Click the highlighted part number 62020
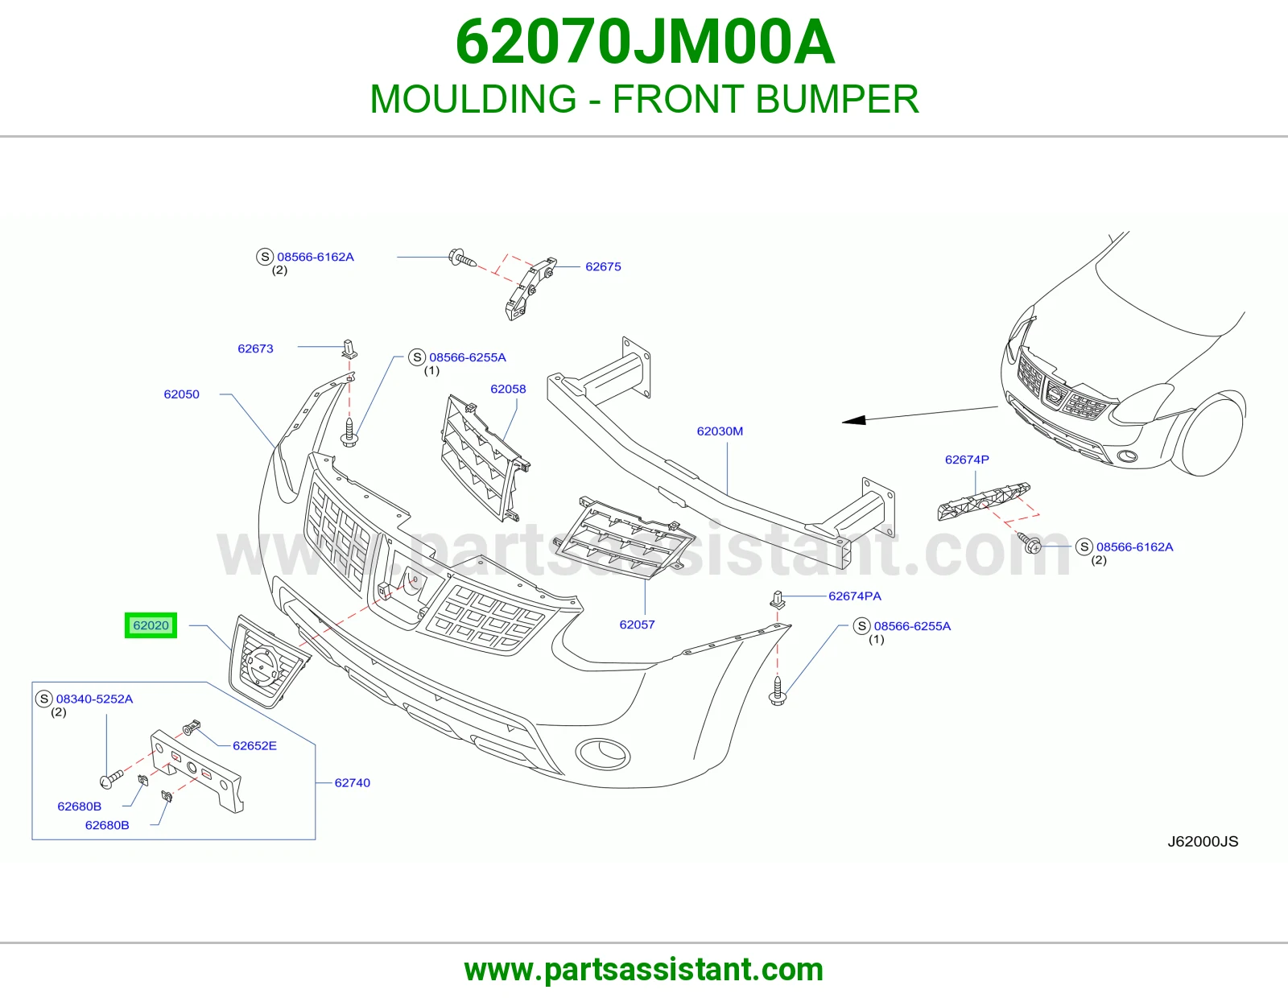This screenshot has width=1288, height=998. pyautogui.click(x=151, y=625)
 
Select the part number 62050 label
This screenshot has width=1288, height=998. pyautogui.click(x=181, y=394)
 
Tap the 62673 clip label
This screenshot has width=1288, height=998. pyautogui.click(x=255, y=348)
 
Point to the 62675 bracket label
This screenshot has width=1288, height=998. pyautogui.click(x=603, y=266)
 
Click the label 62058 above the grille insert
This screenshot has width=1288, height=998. pyautogui.click(x=508, y=389)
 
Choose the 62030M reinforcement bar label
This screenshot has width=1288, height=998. pyautogui.click(x=720, y=431)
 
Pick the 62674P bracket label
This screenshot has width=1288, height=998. pyautogui.click(x=967, y=460)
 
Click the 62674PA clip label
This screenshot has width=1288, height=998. pyautogui.click(x=855, y=596)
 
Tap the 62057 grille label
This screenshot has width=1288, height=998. pyautogui.click(x=637, y=624)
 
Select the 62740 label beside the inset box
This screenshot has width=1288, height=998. pyautogui.click(x=352, y=782)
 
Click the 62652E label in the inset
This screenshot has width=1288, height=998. pyautogui.click(x=254, y=745)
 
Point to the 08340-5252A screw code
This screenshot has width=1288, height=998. pyautogui.click(x=94, y=699)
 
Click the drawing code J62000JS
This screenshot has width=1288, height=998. pyautogui.click(x=1203, y=842)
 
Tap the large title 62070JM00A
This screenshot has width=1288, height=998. pyautogui.click(x=645, y=42)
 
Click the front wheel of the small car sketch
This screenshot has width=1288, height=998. pyautogui.click(x=1210, y=436)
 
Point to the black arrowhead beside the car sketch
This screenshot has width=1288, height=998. pyautogui.click(x=853, y=420)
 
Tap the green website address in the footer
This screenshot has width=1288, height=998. pyautogui.click(x=644, y=970)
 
